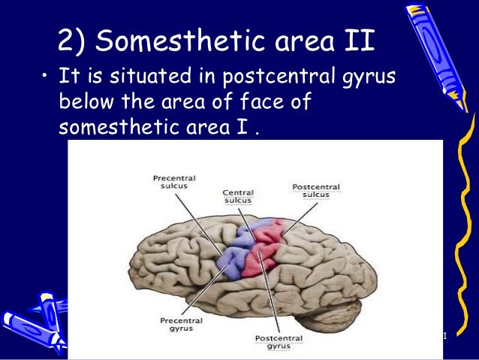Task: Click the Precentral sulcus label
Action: point(173,183)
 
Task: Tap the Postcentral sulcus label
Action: point(315,191)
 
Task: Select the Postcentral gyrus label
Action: point(279,342)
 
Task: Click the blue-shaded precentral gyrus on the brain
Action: point(235,256)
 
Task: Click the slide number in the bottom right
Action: point(444,335)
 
